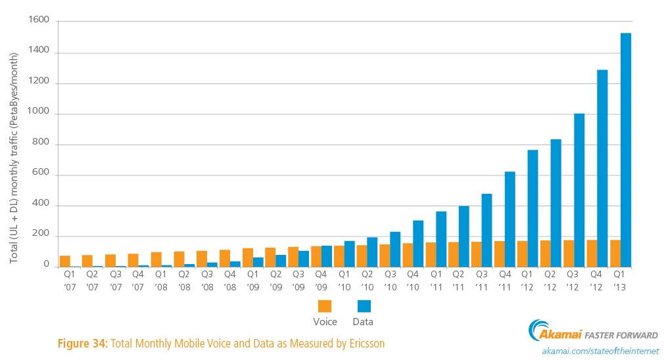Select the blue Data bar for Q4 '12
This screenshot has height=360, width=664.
click(x=603, y=168)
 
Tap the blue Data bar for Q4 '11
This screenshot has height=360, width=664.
click(x=510, y=219)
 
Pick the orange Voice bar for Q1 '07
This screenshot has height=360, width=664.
click(x=65, y=261)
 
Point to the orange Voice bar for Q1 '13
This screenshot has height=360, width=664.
click(x=615, y=254)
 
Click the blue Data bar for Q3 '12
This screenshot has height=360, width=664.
click(x=580, y=191)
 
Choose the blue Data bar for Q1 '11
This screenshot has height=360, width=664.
click(x=442, y=239)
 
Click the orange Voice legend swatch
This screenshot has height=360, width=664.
click(x=325, y=306)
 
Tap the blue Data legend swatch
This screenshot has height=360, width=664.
click(x=363, y=306)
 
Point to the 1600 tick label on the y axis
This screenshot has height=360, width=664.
click(x=39, y=22)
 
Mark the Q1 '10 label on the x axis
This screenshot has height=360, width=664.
click(x=344, y=281)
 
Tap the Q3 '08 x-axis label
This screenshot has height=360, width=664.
click(x=206, y=281)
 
